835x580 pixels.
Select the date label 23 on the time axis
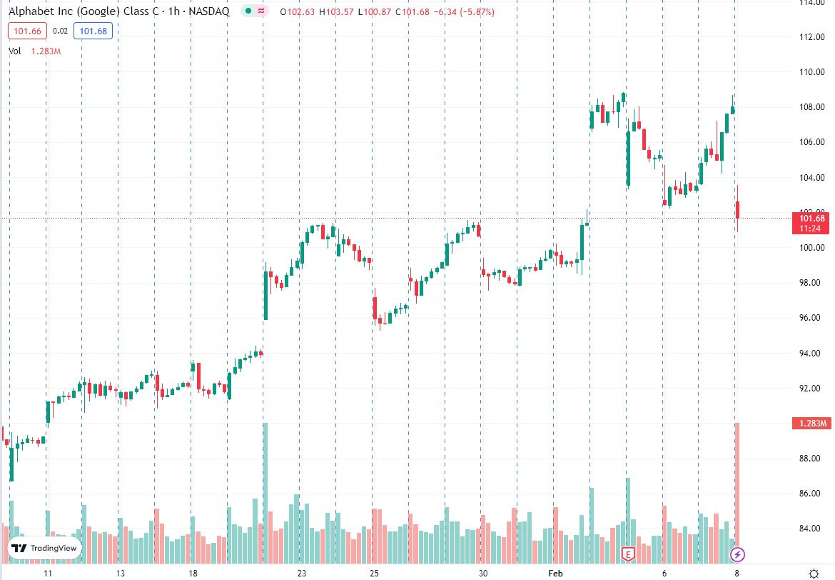[x=302, y=574]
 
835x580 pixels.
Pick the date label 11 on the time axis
[x=48, y=574]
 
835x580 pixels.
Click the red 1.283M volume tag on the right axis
[x=812, y=424]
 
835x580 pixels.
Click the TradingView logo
[x=44, y=549]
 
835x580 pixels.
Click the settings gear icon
[x=813, y=573]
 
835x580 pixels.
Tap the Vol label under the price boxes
[x=15, y=51]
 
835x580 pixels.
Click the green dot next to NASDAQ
[x=247, y=12]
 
